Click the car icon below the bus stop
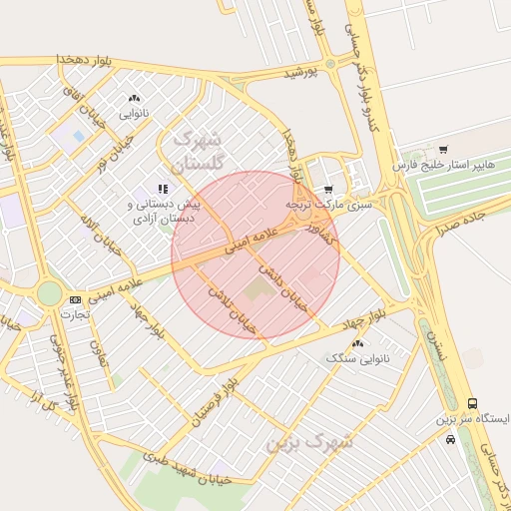451,438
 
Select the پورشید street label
297,73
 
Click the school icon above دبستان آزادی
164,188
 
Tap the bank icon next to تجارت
76,298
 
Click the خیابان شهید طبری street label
186,468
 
